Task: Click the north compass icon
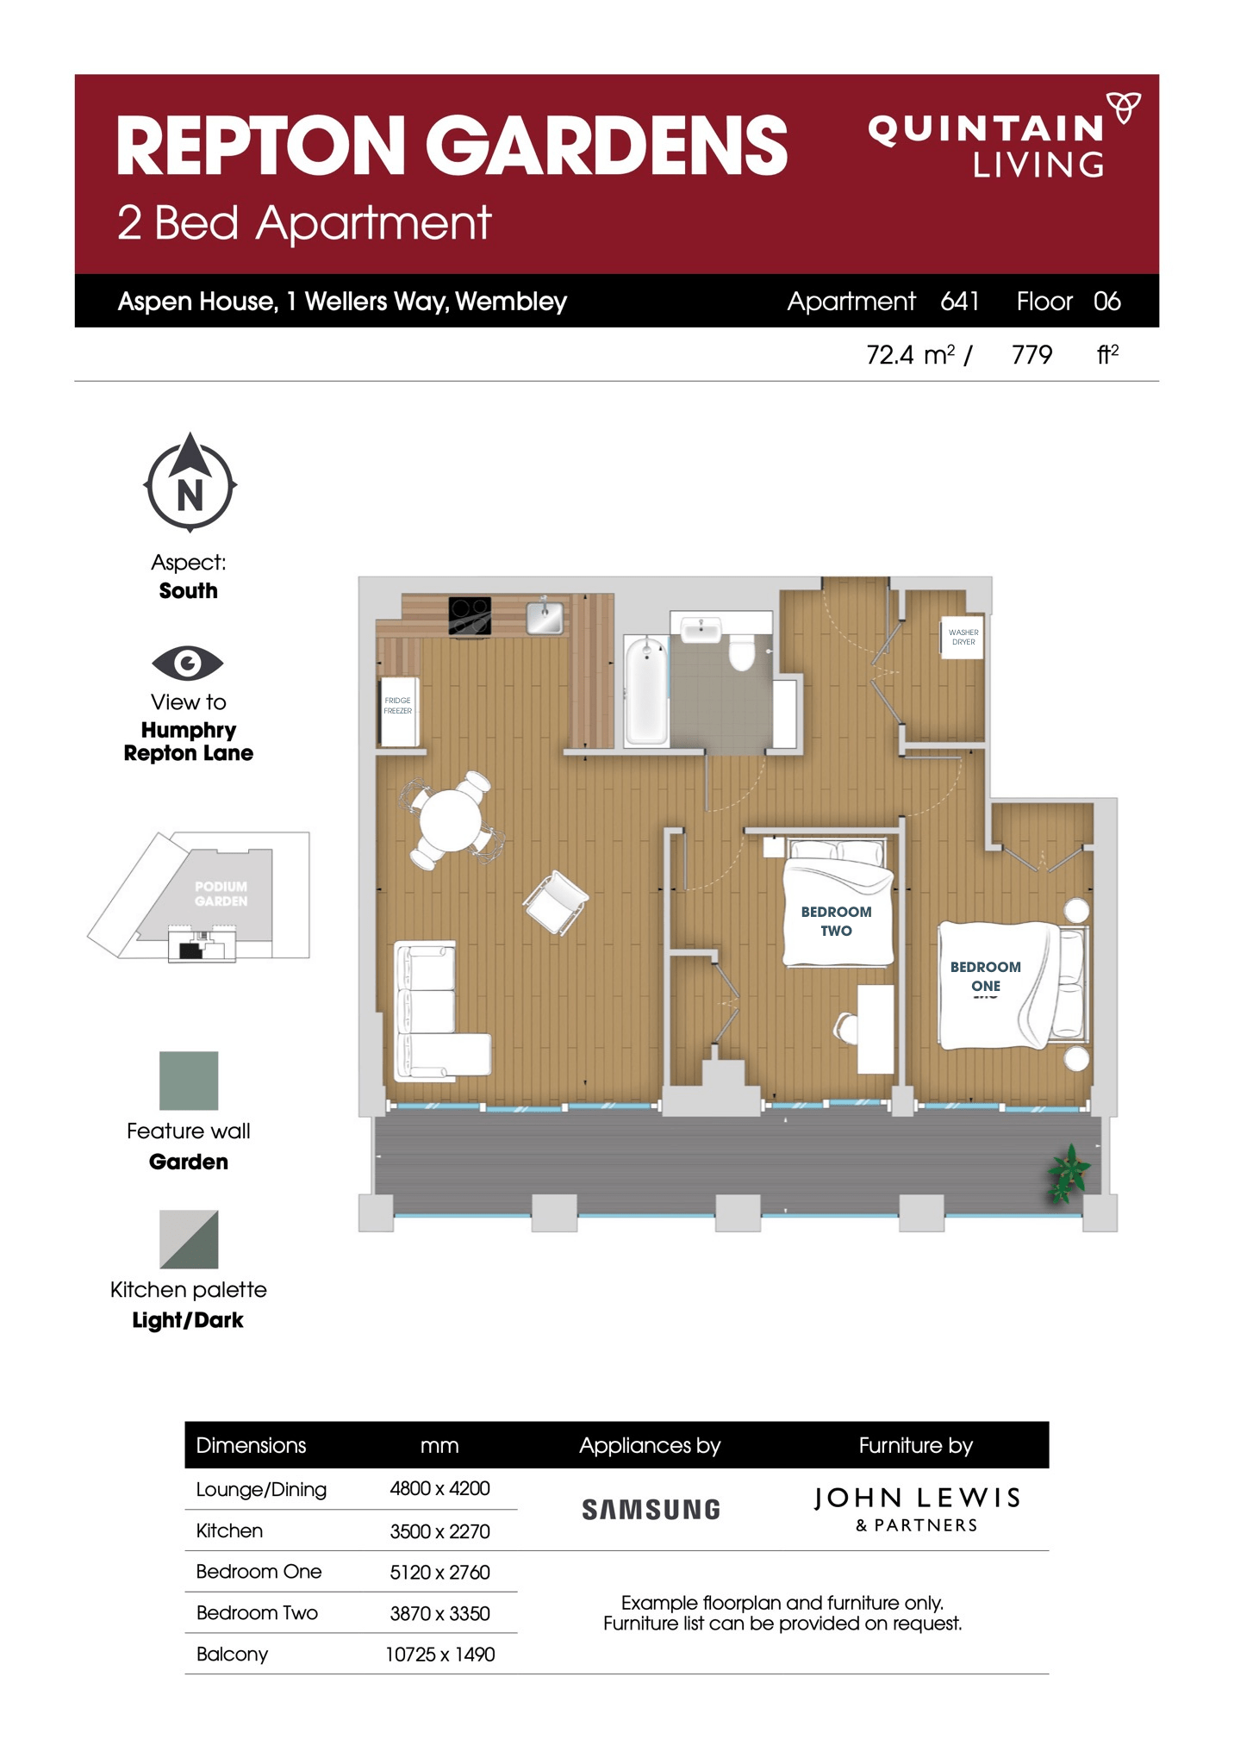tap(190, 483)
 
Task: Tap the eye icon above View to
tap(187, 663)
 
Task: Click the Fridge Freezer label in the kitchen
tap(397, 706)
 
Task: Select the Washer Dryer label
tap(963, 637)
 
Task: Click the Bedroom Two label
tap(835, 920)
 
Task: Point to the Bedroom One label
tap(985, 975)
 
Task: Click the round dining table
tap(450, 820)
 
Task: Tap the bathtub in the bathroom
tap(646, 689)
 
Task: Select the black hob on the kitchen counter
tap(470, 615)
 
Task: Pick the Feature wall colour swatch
tap(189, 1080)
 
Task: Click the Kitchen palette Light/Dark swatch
tap(189, 1238)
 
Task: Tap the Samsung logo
tap(651, 1509)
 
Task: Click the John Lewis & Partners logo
tap(916, 1508)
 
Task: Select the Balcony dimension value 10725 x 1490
tap(439, 1654)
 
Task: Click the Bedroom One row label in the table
tap(259, 1571)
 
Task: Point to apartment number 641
tap(959, 301)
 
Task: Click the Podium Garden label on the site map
tap(221, 893)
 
